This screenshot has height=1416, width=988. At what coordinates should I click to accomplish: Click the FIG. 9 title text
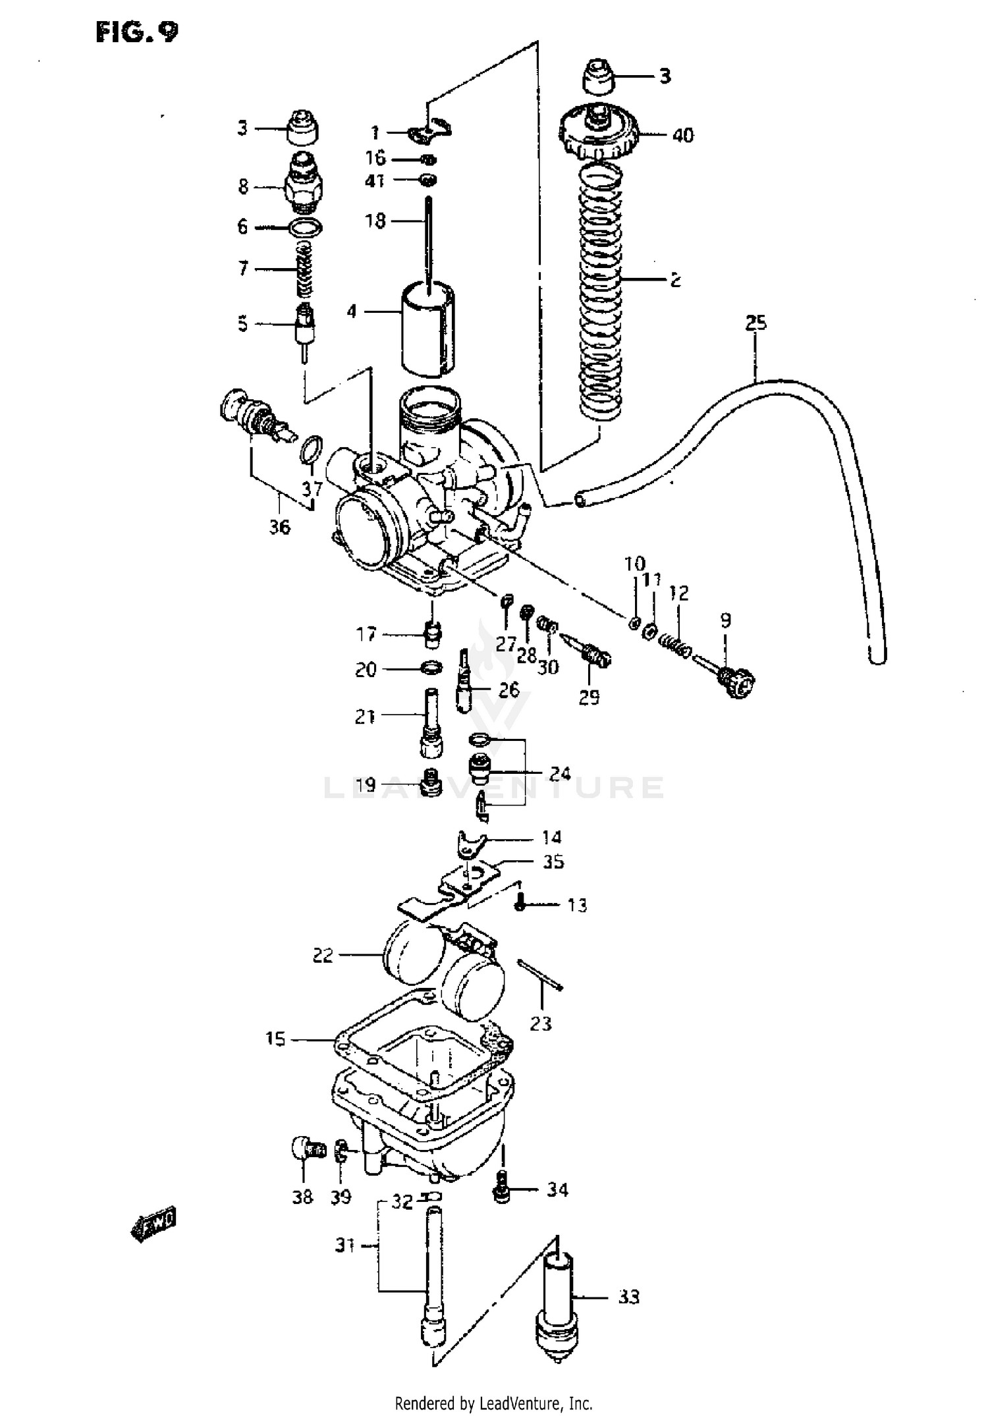[137, 32]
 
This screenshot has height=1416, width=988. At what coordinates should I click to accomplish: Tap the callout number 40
[682, 135]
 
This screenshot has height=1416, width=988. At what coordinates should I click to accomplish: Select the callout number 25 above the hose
[756, 323]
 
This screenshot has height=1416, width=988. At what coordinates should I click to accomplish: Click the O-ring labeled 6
[306, 228]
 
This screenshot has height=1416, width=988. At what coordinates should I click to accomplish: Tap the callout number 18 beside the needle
[375, 221]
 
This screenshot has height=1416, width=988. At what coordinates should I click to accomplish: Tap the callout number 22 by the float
[323, 956]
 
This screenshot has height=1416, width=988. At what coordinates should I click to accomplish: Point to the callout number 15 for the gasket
[275, 1039]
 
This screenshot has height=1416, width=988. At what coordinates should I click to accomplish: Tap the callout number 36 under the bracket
[279, 527]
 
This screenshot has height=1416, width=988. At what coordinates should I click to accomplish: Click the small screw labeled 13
[520, 906]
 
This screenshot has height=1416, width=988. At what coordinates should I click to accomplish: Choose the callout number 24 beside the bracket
[560, 773]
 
